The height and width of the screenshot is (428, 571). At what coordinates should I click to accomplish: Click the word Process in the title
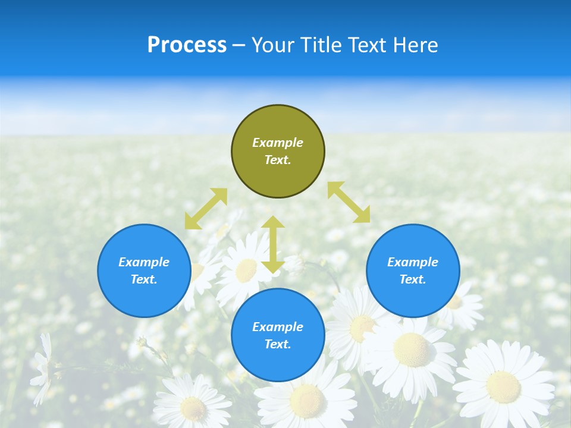[187, 45]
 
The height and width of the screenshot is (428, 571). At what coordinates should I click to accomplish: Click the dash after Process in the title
[239, 46]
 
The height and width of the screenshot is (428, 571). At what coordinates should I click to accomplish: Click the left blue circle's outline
[98, 270]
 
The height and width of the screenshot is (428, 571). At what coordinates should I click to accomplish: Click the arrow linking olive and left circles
[206, 209]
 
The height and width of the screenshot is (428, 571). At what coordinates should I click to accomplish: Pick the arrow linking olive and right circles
[349, 202]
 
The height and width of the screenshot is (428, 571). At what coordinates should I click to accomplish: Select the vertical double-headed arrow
[273, 244]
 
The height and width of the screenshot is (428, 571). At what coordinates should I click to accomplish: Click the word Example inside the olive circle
[278, 143]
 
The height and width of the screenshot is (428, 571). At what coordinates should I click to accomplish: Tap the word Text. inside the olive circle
[278, 160]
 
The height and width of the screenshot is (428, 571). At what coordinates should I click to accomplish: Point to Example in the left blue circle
[144, 262]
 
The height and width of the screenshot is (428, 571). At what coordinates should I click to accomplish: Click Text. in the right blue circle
[413, 279]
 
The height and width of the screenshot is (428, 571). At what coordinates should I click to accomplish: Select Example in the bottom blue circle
[278, 327]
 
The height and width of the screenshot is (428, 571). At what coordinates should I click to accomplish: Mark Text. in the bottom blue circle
[278, 344]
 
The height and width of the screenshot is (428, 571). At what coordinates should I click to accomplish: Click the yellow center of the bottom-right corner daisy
[503, 386]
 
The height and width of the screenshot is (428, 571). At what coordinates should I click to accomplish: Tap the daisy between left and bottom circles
[246, 270]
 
